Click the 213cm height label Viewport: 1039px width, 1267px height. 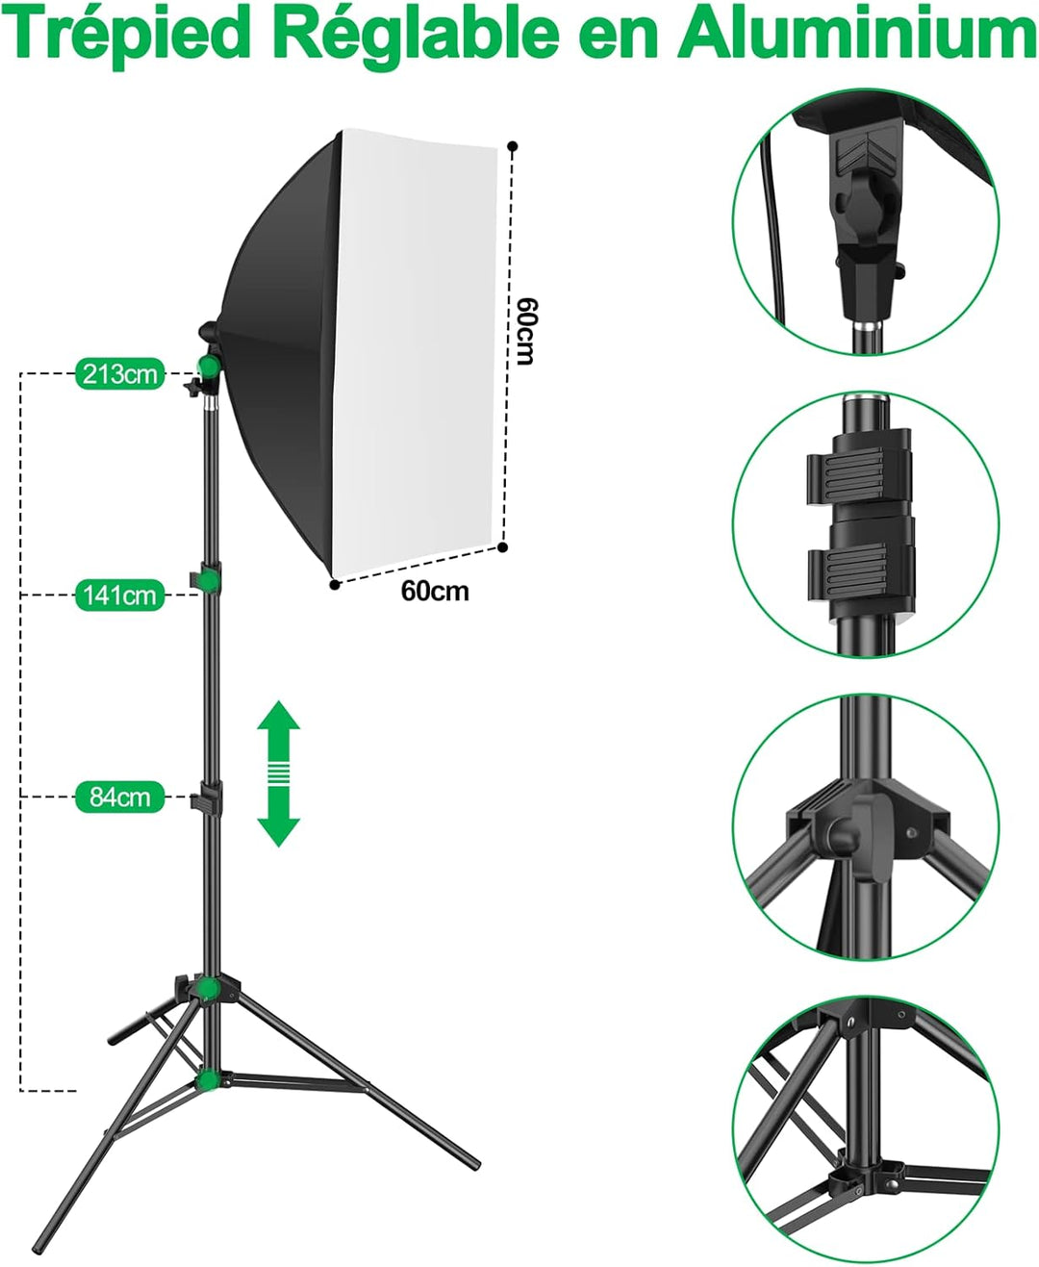coord(119,373)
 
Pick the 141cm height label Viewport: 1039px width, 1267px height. coord(119,595)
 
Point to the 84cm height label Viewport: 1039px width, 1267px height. coord(119,797)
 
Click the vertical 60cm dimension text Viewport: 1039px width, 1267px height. coord(525,331)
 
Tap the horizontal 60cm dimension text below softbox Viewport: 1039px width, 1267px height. coord(435,591)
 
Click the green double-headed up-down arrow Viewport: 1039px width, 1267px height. coord(279,773)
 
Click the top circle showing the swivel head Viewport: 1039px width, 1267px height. coord(866,221)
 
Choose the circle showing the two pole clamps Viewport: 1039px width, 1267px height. coord(866,524)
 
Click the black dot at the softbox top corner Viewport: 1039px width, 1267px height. coord(513,147)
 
